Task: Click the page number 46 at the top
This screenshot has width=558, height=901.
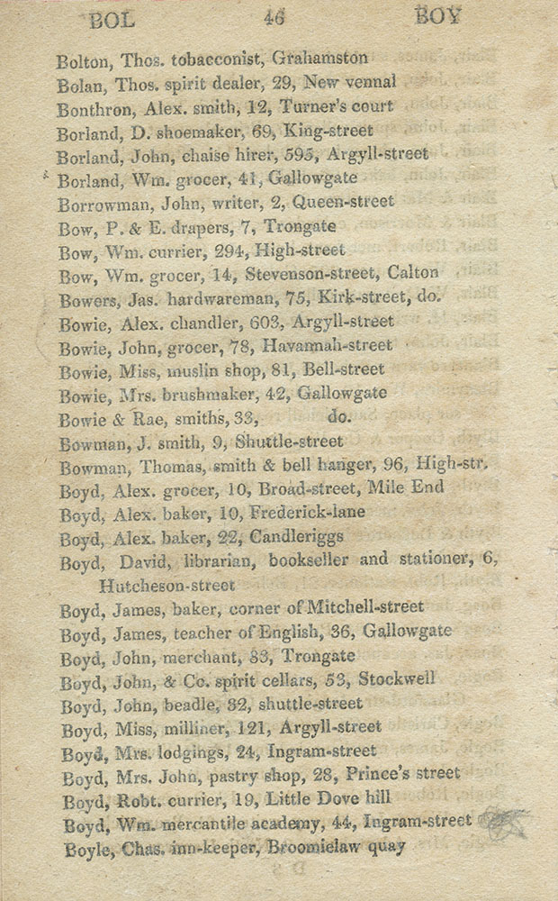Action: coord(275,16)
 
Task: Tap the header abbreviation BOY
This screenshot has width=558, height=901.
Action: coord(439,15)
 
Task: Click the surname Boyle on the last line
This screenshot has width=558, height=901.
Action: coord(86,847)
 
